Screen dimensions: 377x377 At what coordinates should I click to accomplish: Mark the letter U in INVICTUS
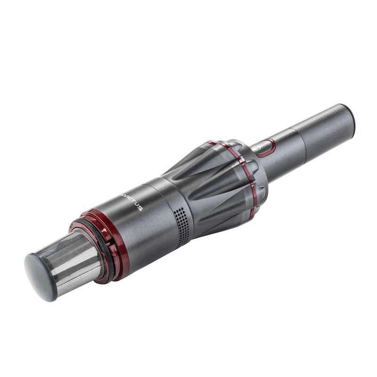point(137,204)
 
